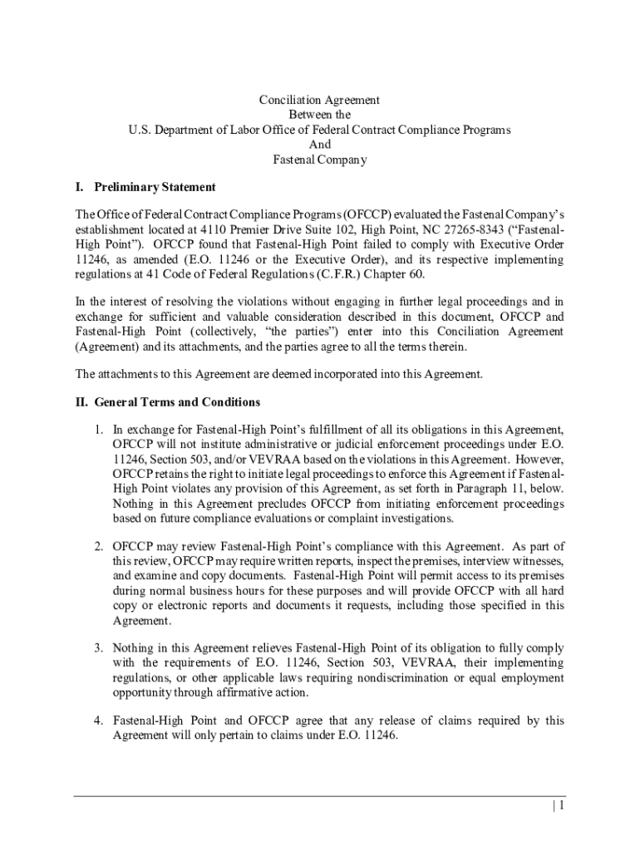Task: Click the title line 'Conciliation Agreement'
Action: click(319, 100)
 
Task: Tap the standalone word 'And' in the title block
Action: click(320, 145)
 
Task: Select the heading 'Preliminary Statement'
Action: click(155, 187)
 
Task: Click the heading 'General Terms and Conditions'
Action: click(177, 402)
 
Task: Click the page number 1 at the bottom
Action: click(562, 806)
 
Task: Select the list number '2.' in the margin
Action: click(98, 546)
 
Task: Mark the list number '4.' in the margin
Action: click(98, 721)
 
